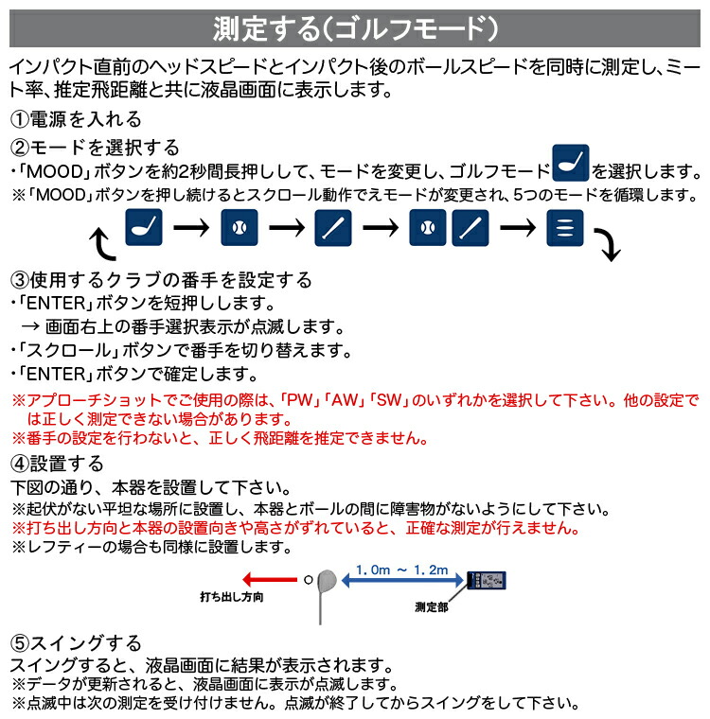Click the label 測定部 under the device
click(431, 605)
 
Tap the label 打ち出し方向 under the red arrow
click(231, 598)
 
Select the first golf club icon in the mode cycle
click(145, 228)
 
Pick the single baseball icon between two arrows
click(239, 228)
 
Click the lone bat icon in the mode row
click(333, 228)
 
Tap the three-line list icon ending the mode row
click(564, 228)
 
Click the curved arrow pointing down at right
click(608, 246)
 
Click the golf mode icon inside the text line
click(571, 162)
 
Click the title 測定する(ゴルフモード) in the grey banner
click(355, 27)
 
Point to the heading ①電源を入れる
click(76, 119)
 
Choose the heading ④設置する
click(57, 464)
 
